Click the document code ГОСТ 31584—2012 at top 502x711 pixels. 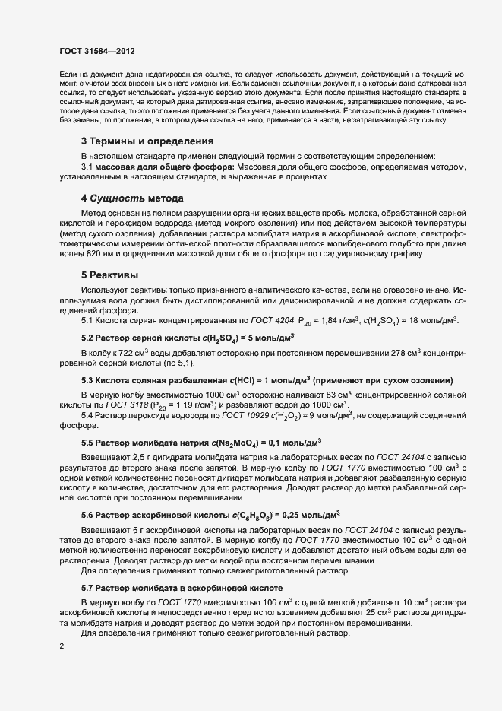click(96, 49)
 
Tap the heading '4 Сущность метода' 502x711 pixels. click(132, 198)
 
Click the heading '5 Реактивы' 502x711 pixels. click(110, 274)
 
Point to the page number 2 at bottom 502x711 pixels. click(61, 647)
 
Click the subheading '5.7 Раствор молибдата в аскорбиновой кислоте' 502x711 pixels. click(182, 587)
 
